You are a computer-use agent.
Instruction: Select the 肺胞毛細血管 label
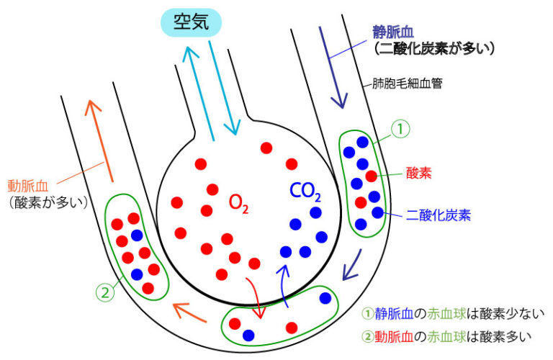pyautogui.click(x=407, y=83)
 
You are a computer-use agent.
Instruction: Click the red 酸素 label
pyautogui.click(x=418, y=173)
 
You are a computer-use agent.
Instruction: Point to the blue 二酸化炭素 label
pyautogui.click(x=439, y=215)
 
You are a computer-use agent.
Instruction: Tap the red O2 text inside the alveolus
pyautogui.click(x=238, y=204)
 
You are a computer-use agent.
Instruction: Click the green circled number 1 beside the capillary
pyautogui.click(x=402, y=129)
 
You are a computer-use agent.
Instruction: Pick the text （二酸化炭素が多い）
pyautogui.click(x=435, y=49)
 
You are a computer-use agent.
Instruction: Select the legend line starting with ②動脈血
pyautogui.click(x=446, y=335)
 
